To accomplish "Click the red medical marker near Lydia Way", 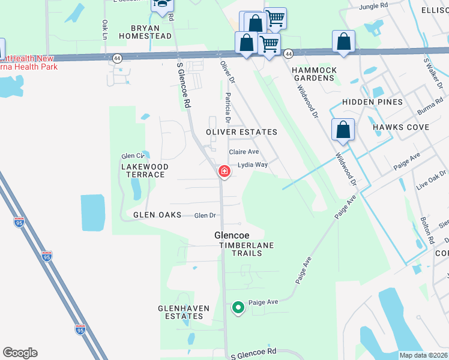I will [x=224, y=172].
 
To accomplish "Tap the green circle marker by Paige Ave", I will [x=238, y=308].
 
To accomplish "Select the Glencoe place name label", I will [x=232, y=236].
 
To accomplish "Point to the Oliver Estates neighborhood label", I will [x=242, y=132].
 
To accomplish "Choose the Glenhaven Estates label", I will [x=184, y=312].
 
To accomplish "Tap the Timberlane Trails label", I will [x=249, y=249].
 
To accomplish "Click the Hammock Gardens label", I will [x=313, y=74].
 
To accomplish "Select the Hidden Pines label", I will [x=373, y=102].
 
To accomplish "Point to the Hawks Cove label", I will [x=401, y=127].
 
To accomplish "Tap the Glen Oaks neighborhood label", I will [x=157, y=215].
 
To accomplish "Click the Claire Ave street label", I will [x=244, y=152].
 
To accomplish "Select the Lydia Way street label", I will [x=252, y=164].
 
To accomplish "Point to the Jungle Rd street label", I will [x=374, y=7].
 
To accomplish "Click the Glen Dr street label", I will [x=205, y=215].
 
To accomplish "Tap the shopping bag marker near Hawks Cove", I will [x=343, y=130].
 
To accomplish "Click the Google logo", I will [x=20, y=353].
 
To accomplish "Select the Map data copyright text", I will [x=422, y=355].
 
